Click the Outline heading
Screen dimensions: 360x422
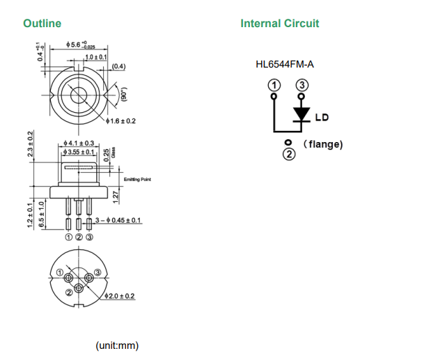click(42, 24)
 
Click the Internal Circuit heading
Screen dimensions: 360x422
click(279, 24)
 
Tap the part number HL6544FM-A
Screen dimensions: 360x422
click(285, 65)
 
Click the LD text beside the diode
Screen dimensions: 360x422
click(322, 117)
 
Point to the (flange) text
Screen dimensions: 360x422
click(323, 145)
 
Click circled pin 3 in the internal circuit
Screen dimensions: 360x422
click(302, 85)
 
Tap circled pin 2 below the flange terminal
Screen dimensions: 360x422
click(288, 153)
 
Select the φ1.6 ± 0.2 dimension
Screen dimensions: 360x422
click(121, 121)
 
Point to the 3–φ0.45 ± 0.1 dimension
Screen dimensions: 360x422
click(118, 221)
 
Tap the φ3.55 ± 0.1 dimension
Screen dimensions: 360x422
click(78, 152)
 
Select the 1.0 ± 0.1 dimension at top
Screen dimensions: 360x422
click(95, 56)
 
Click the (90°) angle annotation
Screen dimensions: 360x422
click(125, 95)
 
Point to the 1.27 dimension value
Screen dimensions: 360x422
click(116, 198)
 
